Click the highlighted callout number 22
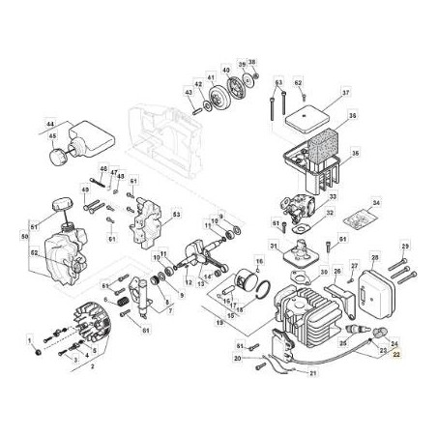(x=395, y=357)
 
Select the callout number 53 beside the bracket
(x=176, y=216)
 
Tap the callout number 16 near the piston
(x=258, y=261)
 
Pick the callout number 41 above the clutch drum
(x=211, y=73)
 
